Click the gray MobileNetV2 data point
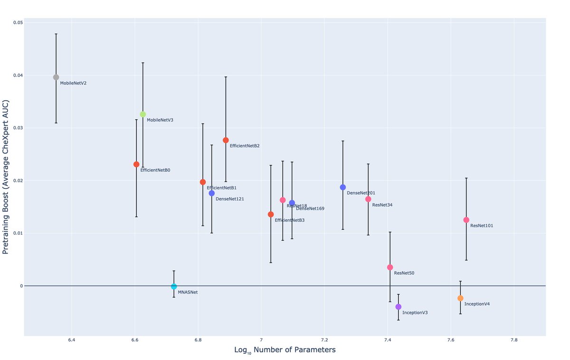coord(56,77)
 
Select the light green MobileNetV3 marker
coord(142,114)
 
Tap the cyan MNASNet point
coord(174,286)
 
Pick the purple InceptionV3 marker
coord(398,307)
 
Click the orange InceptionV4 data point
coord(460,298)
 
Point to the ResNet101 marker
coord(466,220)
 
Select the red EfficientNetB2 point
coord(226,140)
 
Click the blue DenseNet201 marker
coord(342,187)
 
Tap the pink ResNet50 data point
coord(390,267)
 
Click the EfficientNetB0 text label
coord(155,170)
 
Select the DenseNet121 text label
coord(229,199)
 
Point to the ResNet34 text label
coord(382,205)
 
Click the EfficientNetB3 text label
coord(289,220)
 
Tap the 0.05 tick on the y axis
coord(18,23)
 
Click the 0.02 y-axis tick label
coord(18,180)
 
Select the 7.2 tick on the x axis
coord(324,341)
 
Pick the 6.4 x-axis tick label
coord(71,341)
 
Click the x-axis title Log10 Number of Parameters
coord(285,350)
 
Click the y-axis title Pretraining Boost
coord(6,177)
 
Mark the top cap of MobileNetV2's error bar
coord(56,34)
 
